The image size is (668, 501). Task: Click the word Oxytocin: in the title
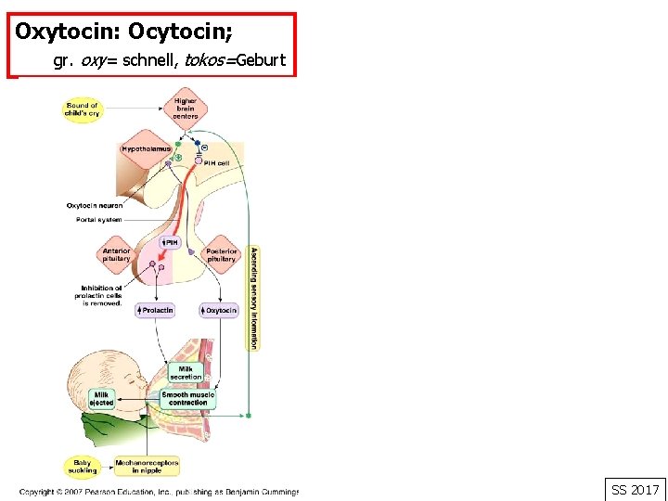[x=68, y=32]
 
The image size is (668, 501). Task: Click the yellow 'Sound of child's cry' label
[x=82, y=109]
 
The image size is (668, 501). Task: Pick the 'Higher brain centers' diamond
[x=186, y=109]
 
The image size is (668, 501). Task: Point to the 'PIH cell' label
[x=216, y=163]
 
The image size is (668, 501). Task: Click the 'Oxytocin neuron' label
[x=94, y=205]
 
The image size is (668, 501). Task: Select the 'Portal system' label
[x=98, y=220]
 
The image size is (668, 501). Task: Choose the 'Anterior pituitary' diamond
[x=117, y=254]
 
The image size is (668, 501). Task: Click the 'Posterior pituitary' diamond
[x=221, y=254]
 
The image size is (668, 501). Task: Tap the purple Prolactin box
[x=155, y=310]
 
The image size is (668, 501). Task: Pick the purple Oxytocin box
[x=219, y=310]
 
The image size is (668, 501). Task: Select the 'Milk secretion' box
[x=186, y=373]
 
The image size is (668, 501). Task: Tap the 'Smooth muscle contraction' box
[x=188, y=398]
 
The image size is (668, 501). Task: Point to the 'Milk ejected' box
[x=101, y=398]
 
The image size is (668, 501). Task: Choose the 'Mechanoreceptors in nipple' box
[x=147, y=466]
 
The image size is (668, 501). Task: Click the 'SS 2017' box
[x=635, y=489]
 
